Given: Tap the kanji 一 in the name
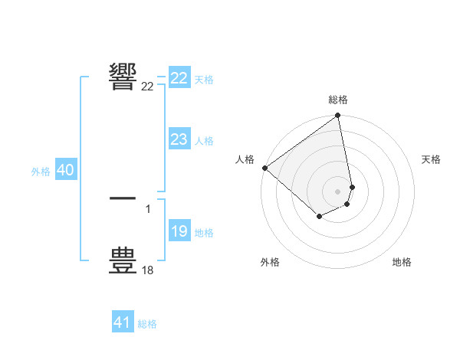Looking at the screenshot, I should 123,198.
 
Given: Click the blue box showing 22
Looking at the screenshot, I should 179,78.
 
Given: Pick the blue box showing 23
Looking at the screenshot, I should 179,139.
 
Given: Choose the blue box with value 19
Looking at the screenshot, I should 179,231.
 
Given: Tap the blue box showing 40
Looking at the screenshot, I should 65,171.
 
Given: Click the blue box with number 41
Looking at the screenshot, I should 123,322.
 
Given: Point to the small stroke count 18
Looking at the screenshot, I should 148,270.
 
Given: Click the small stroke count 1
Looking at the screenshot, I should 148,208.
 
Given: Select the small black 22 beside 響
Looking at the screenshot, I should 148,87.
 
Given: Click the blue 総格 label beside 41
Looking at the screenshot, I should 147,324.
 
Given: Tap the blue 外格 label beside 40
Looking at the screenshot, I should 41,172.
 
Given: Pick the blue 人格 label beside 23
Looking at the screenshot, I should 204,141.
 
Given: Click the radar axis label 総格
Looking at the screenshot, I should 338,100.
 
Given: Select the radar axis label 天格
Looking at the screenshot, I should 432,159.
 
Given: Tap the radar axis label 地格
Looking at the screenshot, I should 402,262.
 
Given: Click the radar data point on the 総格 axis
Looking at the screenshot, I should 338,116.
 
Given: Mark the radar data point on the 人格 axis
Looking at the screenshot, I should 264,168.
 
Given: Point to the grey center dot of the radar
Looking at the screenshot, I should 338,191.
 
